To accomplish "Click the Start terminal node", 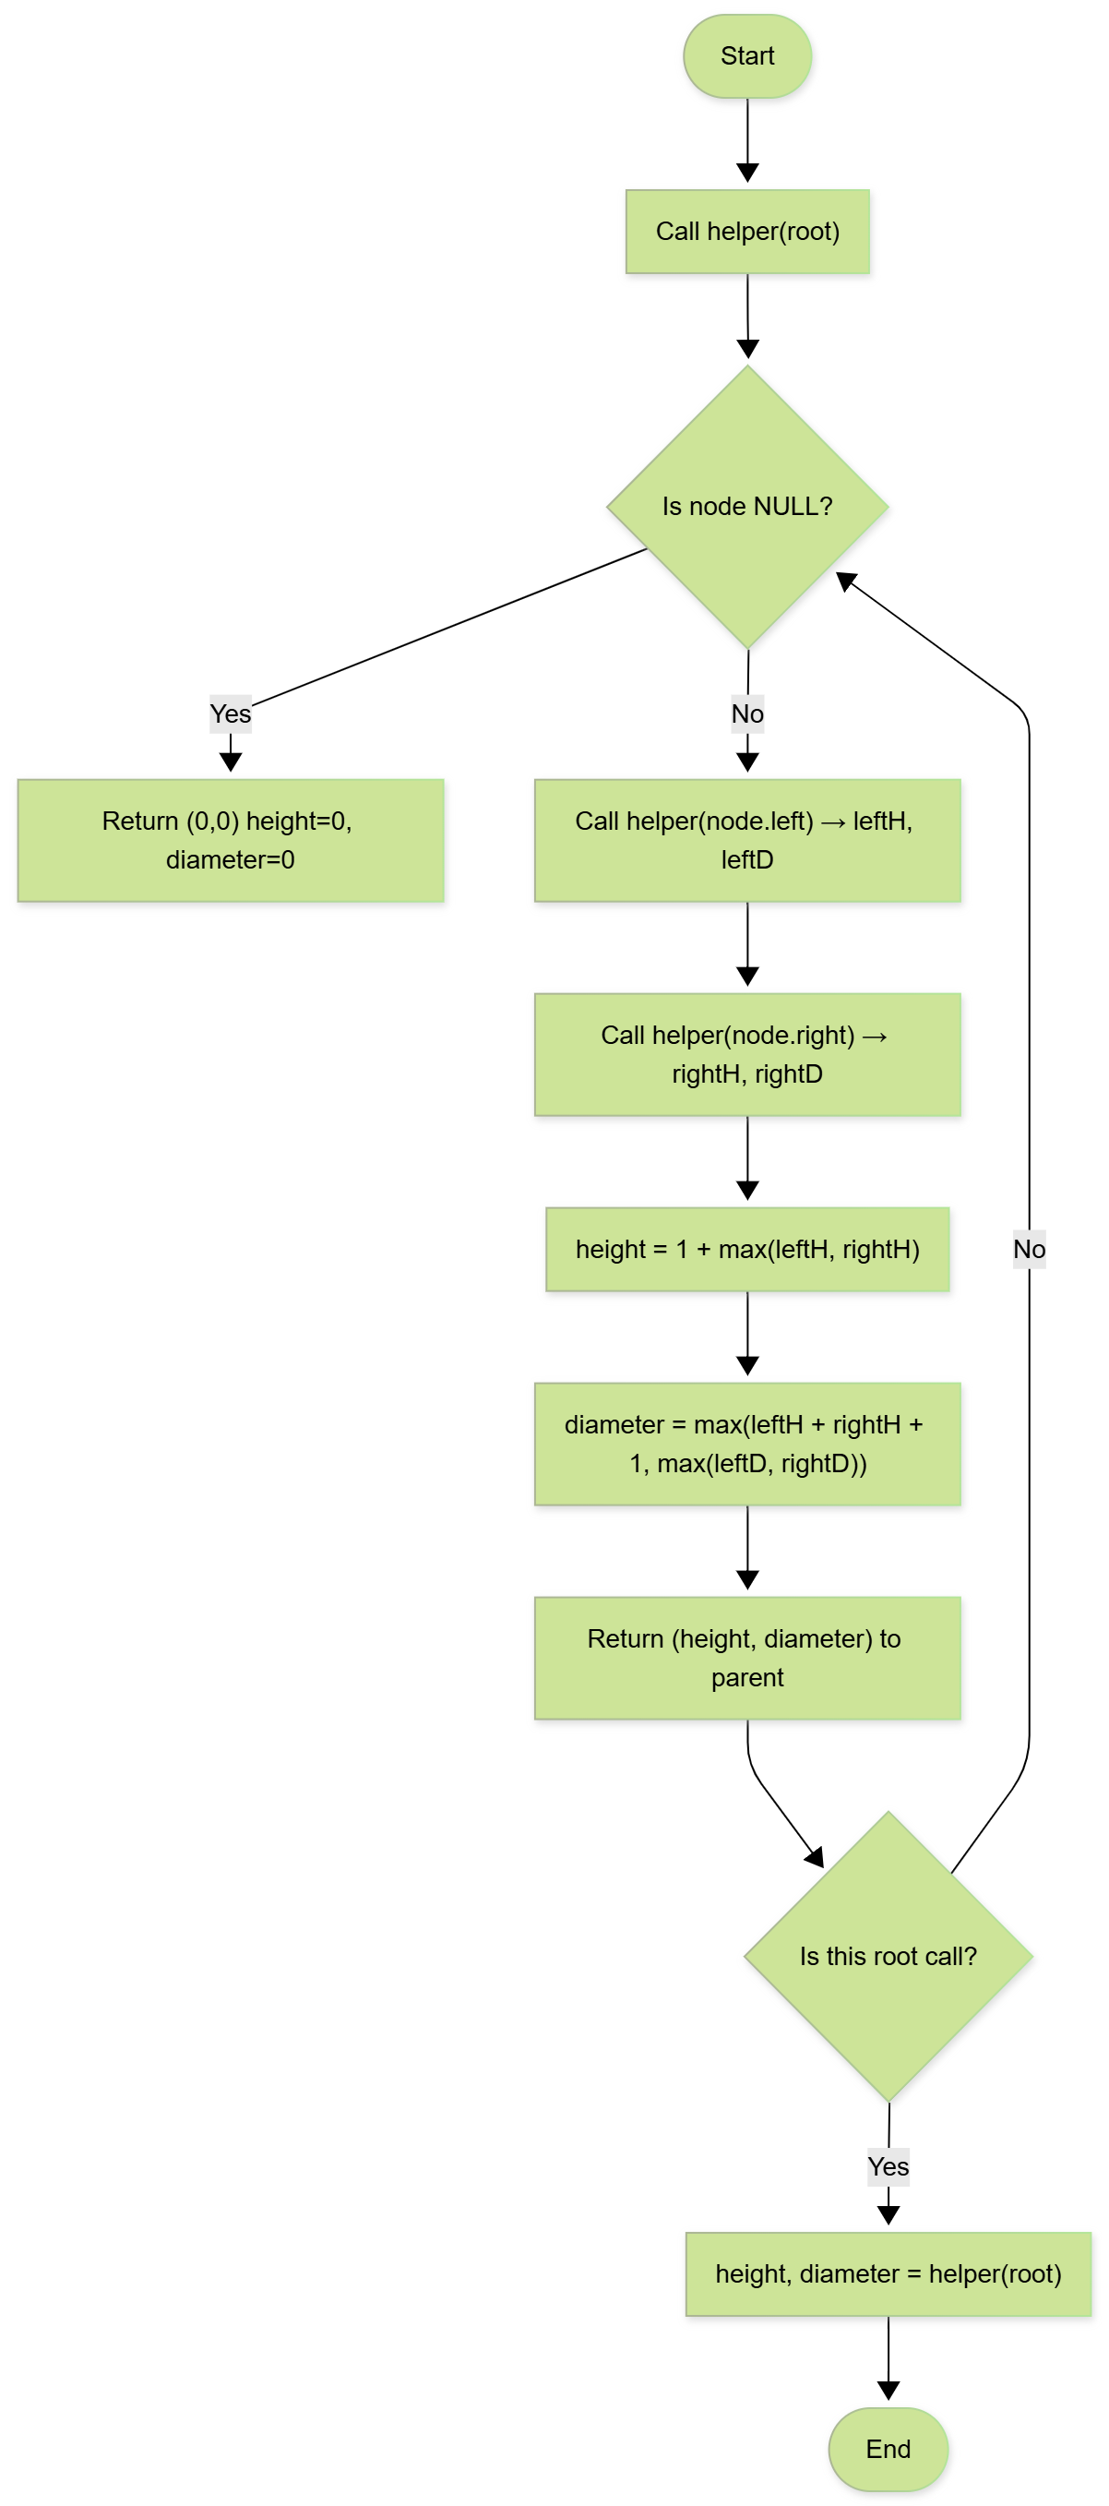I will coord(747,56).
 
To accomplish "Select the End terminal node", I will coord(888,2448).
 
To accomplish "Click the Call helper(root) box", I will coord(747,232).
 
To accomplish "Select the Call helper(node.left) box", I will coord(747,840).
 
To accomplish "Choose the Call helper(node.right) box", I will coord(747,1053).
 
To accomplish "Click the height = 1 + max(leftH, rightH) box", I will coord(747,1249).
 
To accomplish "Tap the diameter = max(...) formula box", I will coord(747,1444).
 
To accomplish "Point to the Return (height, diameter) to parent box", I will coord(747,1658).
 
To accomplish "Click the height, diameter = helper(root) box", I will coord(888,2273).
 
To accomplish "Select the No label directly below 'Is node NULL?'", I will coord(747,714).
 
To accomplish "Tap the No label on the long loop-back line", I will coord(1028,1249).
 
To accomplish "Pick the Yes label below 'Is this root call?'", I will coord(888,2166).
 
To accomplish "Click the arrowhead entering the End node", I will coord(888,2391).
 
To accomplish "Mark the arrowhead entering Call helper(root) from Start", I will coord(747,174).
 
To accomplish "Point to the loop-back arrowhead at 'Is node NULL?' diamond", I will coord(845,581).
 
